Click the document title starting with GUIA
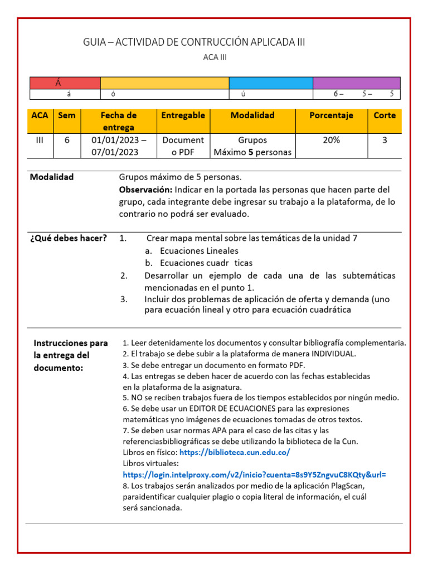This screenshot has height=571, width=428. tap(194, 42)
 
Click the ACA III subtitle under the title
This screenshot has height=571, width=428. tap(215, 57)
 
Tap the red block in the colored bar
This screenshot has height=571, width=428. tap(65, 83)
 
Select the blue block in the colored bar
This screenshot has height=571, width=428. tap(271, 83)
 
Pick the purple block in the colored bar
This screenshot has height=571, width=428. tap(356, 83)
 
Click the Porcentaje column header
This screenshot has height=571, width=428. tap(331, 115)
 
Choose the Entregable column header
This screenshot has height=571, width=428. tap(183, 115)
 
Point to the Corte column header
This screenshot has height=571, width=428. tap(385, 115)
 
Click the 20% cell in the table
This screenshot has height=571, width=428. tap(331, 141)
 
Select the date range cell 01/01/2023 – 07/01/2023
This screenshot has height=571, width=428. tap(119, 146)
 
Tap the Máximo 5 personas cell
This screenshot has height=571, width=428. tap(252, 152)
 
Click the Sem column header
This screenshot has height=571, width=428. tap(67, 115)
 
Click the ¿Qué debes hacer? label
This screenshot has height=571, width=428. tap(68, 239)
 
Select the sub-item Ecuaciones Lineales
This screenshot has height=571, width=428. tap(199, 251)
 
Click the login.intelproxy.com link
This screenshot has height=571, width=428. tap(254, 475)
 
